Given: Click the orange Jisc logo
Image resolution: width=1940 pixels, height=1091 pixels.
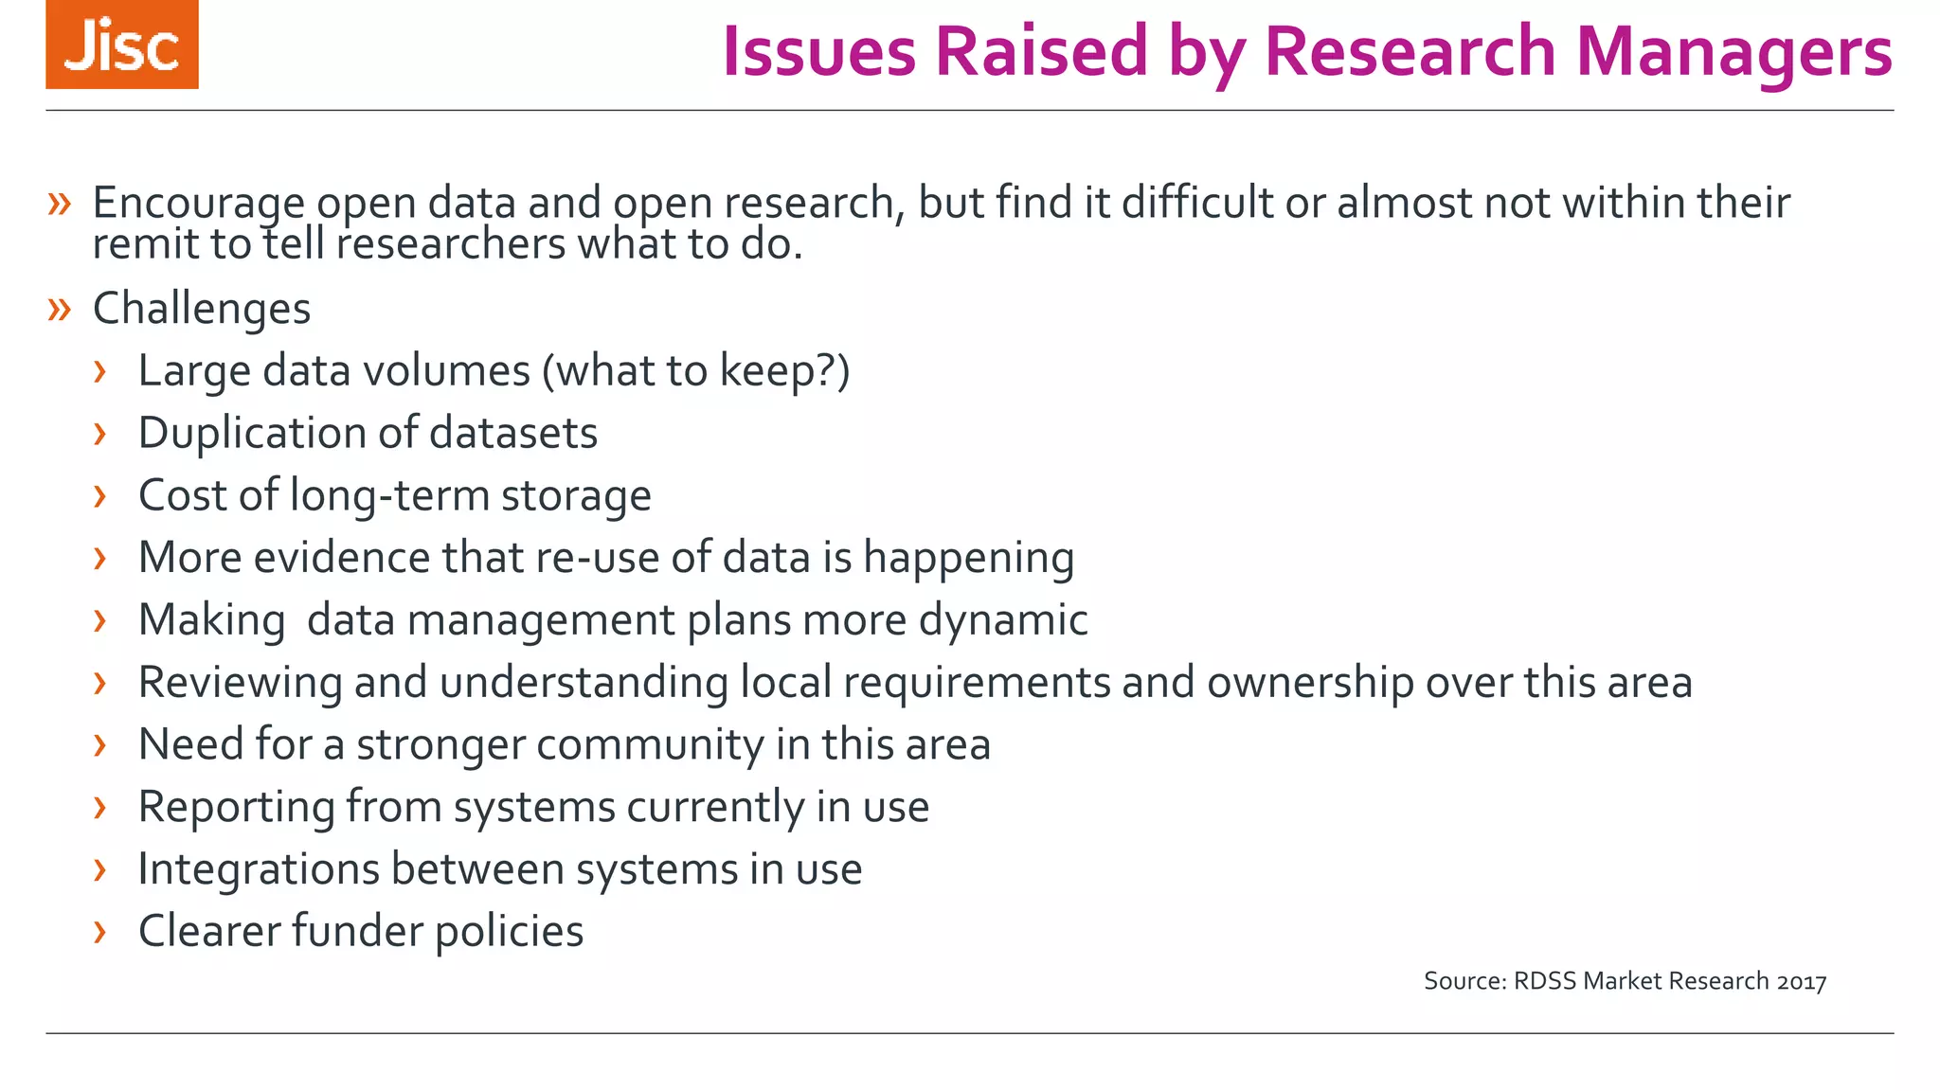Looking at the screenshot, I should pos(122,45).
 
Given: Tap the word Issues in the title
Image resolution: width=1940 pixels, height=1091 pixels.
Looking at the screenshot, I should pos(818,51).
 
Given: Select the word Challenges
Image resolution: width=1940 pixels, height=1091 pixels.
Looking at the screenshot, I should pos(202,309).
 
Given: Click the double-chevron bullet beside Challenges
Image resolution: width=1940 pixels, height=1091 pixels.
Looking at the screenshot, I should pos(60,309).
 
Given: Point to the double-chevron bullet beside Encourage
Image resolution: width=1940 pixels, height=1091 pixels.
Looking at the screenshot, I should pos(60,203).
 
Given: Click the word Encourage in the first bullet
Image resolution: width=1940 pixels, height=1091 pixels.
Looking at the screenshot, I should pos(198,203).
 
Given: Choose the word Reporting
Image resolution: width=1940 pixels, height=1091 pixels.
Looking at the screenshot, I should pos(236,807).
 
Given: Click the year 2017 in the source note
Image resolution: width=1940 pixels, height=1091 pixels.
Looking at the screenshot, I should pos(1801,981).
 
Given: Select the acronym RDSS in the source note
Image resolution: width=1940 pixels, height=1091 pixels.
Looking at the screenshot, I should pos(1545,980).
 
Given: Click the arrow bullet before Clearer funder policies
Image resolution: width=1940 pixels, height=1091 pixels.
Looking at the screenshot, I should pos(99,931).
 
